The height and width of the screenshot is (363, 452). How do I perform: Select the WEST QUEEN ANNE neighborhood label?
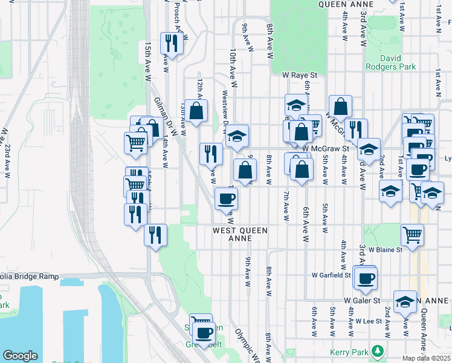(x=240, y=234)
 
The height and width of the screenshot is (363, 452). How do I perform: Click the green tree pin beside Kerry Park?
(x=378, y=350)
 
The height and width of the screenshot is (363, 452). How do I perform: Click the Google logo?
(x=20, y=356)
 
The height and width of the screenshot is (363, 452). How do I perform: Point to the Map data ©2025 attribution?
(x=427, y=358)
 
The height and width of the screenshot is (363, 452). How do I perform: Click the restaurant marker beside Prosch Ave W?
(x=171, y=44)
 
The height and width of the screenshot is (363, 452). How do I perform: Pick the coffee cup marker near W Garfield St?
(x=366, y=278)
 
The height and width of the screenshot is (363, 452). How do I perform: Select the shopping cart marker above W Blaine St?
(x=412, y=234)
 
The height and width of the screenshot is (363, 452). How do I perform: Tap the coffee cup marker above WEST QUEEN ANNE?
(x=227, y=198)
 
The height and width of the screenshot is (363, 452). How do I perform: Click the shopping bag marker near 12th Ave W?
(x=196, y=111)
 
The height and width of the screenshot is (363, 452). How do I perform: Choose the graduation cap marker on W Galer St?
(x=404, y=301)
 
